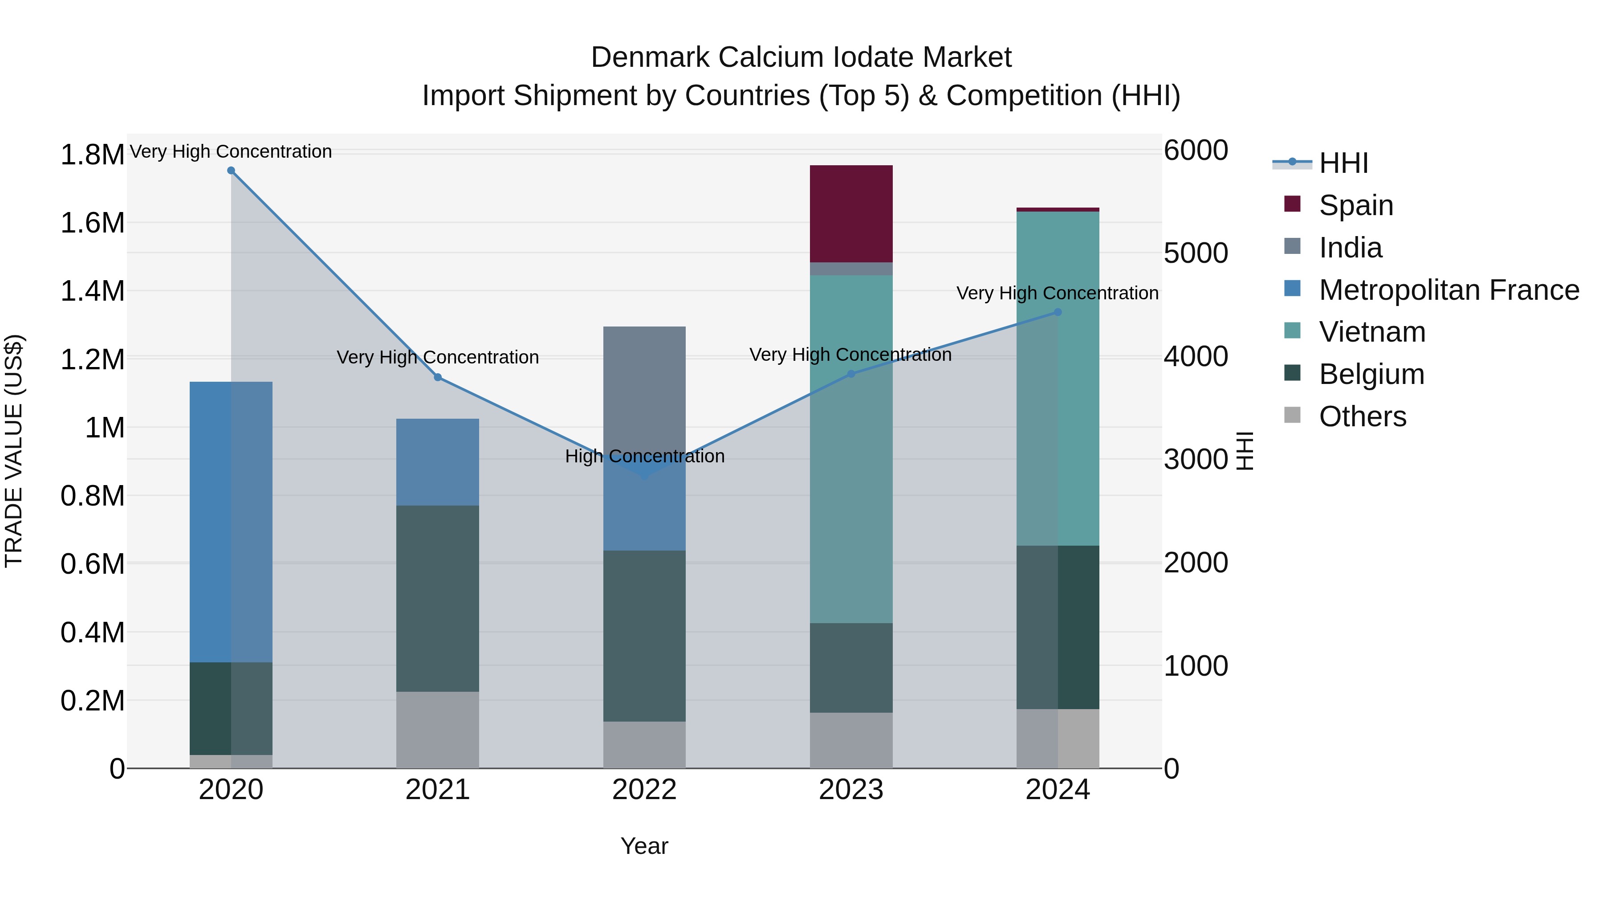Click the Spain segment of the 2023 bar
click(x=850, y=213)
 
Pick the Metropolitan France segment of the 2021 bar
click(x=437, y=462)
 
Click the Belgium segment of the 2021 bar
click(x=437, y=598)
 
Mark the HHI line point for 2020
click(x=231, y=171)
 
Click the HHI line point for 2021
click(x=437, y=377)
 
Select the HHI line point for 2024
click(x=1057, y=313)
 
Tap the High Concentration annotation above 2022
click(x=644, y=456)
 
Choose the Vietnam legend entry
click(x=1371, y=332)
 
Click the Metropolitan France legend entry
click(x=1448, y=290)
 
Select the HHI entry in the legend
click(x=1343, y=163)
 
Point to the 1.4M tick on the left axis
click(x=92, y=291)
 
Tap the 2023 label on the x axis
click(x=850, y=790)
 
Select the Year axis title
click(x=644, y=846)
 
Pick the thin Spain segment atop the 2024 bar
click(x=1057, y=210)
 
